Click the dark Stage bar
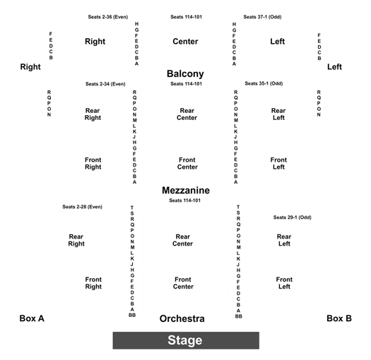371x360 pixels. [x=186, y=340]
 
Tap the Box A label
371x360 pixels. [x=32, y=318]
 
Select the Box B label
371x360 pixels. [x=339, y=318]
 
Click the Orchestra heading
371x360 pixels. [x=182, y=318]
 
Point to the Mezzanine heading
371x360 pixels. [x=186, y=191]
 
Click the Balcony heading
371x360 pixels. [x=185, y=74]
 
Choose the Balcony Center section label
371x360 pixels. [x=185, y=42]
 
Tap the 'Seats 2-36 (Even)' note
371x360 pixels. [x=108, y=17]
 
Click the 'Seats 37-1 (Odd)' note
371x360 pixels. [x=262, y=17]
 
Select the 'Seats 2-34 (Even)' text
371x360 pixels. [x=105, y=84]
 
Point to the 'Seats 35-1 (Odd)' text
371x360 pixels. [x=264, y=83]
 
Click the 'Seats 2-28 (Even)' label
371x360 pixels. [x=83, y=207]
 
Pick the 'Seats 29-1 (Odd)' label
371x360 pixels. [x=293, y=217]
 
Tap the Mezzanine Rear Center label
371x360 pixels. [x=187, y=114]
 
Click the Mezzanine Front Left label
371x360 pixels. [x=278, y=163]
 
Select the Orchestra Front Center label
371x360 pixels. [x=183, y=283]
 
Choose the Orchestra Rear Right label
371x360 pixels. [x=76, y=240]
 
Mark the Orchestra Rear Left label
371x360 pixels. [x=284, y=240]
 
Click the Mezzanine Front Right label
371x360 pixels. [x=93, y=163]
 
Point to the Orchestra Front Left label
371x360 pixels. [x=284, y=283]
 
